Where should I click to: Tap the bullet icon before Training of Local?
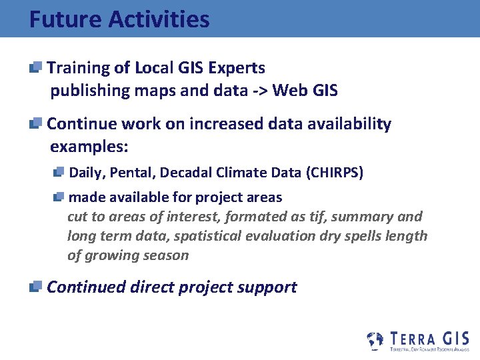pyautogui.click(x=36, y=67)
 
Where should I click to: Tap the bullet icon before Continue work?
pyautogui.click(x=36, y=123)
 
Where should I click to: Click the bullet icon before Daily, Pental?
pyautogui.click(x=59, y=172)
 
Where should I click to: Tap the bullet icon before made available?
pyautogui.click(x=59, y=196)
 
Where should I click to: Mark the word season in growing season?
pyautogui.click(x=167, y=255)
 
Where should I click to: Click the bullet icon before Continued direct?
pyautogui.click(x=36, y=286)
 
